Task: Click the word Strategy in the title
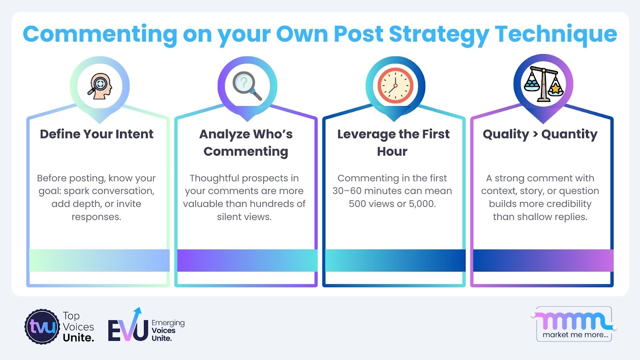439,35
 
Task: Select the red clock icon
396,86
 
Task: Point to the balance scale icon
544,84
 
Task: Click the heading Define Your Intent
96,134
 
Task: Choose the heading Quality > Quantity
540,134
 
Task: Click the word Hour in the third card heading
392,152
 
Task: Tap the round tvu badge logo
42,326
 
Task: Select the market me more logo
574,324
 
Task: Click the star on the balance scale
555,89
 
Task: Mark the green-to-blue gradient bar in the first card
100,260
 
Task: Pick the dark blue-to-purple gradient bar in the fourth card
544,260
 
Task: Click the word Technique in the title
556,35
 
